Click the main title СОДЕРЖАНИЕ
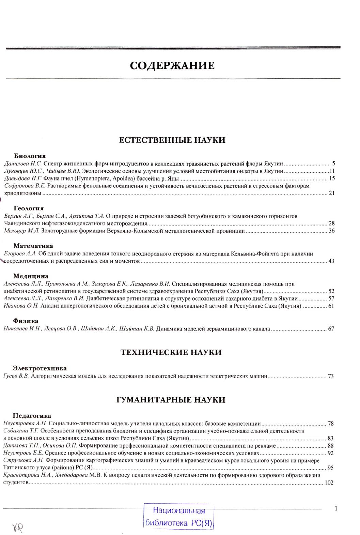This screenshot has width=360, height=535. point(172,65)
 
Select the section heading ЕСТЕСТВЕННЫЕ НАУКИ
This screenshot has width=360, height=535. point(172,140)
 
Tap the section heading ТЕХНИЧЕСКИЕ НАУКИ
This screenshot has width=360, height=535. point(171,352)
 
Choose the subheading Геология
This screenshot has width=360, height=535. point(29,208)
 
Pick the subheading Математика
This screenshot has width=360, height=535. point(33,246)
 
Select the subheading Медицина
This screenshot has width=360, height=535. point(31,276)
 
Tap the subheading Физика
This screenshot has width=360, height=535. point(26,321)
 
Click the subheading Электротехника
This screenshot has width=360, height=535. point(40,368)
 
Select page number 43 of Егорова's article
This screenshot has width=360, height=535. point(331,261)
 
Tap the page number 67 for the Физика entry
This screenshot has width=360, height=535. point(331,329)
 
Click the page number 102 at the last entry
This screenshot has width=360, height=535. point(329,483)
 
